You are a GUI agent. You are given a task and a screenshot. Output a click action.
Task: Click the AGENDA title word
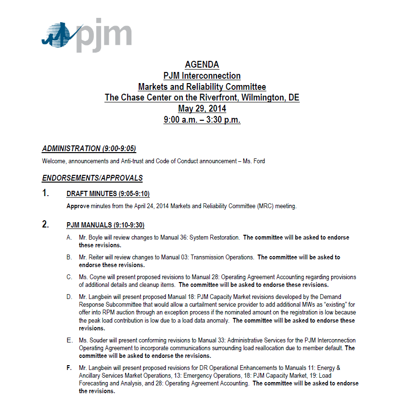point(202,65)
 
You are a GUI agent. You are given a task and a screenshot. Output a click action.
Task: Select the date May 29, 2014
point(202,109)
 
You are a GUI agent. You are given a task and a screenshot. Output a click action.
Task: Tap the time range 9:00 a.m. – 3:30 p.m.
point(202,120)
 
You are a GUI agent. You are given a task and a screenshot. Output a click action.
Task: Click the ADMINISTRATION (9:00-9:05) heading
point(92,149)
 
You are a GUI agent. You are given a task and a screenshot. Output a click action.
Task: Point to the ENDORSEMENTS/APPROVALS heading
point(92,178)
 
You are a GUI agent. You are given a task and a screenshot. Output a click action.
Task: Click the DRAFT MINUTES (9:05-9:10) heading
point(108,194)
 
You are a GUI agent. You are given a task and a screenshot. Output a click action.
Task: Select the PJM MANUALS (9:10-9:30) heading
point(105,225)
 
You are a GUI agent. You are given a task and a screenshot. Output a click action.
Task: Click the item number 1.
point(45,194)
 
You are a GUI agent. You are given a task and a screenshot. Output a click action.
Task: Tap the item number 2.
point(45,225)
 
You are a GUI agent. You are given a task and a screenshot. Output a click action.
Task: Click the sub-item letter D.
point(70,297)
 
